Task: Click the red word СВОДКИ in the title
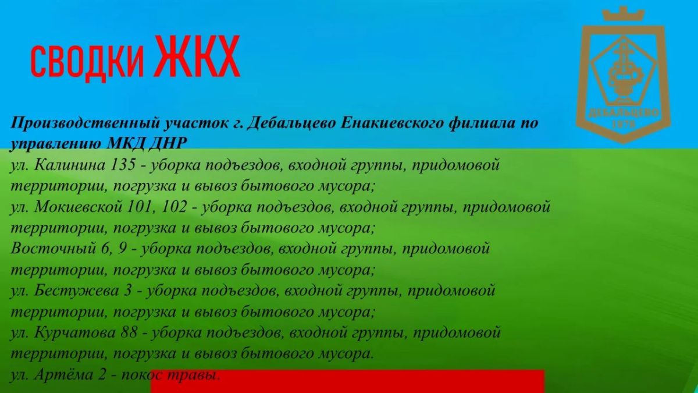point(87,62)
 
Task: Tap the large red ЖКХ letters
point(198,56)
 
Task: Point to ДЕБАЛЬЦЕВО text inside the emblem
point(623,112)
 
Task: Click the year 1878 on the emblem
point(624,125)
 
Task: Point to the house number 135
point(123,165)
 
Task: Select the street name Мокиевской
point(78,207)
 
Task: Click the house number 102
point(174,207)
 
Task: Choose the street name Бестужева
point(77,291)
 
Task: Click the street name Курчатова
point(75,333)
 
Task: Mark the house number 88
point(129,333)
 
